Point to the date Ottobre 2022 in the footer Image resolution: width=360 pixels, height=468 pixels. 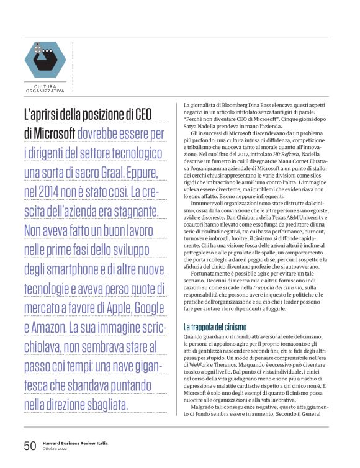pos(55,449)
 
